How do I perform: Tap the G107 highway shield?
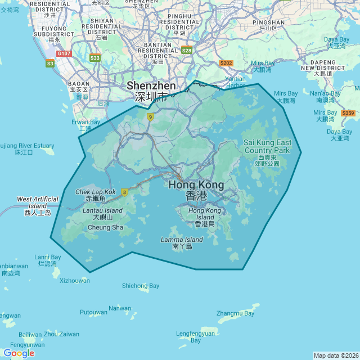click(64, 53)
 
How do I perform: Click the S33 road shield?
click(95, 58)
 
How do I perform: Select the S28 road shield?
click(187, 51)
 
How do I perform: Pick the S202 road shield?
click(226, 64)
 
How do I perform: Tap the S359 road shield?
click(348, 113)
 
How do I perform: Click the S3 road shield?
click(50, 64)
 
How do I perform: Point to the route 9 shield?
click(150, 117)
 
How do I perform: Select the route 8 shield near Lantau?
click(124, 192)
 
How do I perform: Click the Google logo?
click(19, 353)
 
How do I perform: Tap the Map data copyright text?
click(335, 355)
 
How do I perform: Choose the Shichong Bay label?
click(141, 286)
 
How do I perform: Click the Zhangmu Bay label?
click(236, 313)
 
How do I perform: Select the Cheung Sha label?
click(106, 227)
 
